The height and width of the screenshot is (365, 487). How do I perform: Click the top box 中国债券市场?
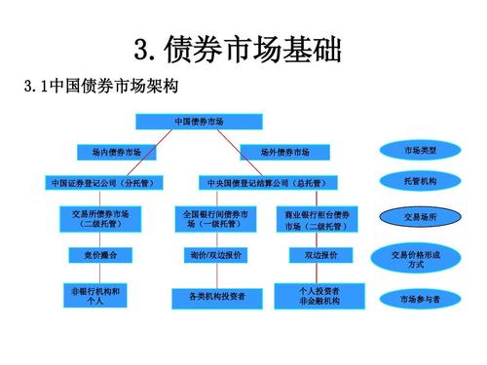tap(199, 121)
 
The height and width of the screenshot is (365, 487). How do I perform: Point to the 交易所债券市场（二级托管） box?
tap(101, 218)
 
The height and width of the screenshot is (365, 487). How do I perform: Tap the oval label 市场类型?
tap(420, 150)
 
